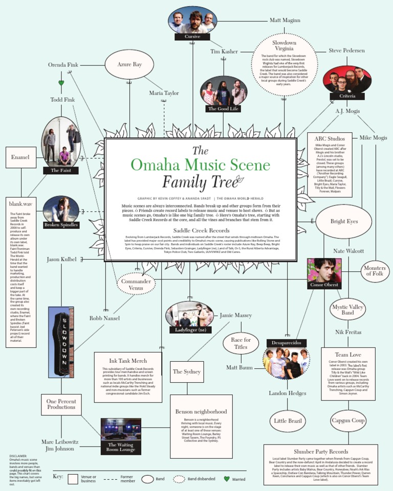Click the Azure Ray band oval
(x=129, y=65)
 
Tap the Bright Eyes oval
(x=344, y=222)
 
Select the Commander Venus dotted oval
(x=136, y=285)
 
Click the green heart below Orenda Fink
(x=61, y=83)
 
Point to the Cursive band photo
(x=192, y=24)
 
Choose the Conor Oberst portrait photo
(x=324, y=273)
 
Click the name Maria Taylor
(x=164, y=93)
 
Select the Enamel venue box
(x=20, y=157)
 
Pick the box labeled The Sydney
(x=187, y=371)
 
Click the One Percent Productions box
(x=61, y=404)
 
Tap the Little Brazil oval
(x=288, y=421)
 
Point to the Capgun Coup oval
(x=348, y=420)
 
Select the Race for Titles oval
(x=241, y=343)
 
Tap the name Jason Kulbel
(x=61, y=259)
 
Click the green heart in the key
(x=227, y=479)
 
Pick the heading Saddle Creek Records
(x=200, y=230)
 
